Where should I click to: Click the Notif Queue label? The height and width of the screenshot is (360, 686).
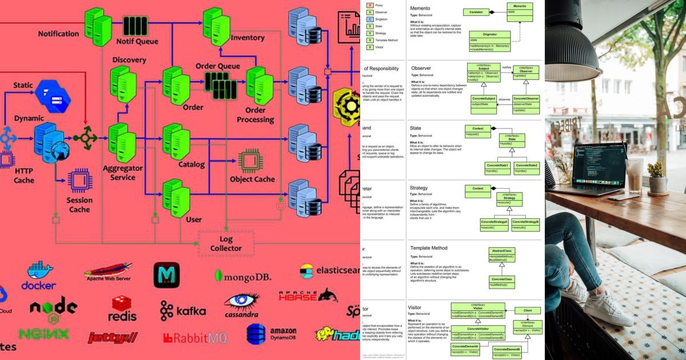[137, 41]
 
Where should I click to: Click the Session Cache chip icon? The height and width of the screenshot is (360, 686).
[79, 180]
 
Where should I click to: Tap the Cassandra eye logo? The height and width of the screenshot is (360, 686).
[242, 305]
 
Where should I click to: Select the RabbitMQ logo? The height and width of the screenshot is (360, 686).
[194, 338]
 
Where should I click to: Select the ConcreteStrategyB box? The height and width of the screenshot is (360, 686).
[525, 224]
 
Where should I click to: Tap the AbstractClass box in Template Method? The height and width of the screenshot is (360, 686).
[501, 254]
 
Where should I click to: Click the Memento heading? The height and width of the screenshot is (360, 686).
[421, 9]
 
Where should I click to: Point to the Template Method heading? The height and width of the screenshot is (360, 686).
[429, 248]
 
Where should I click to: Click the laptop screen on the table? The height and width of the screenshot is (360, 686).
[600, 165]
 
